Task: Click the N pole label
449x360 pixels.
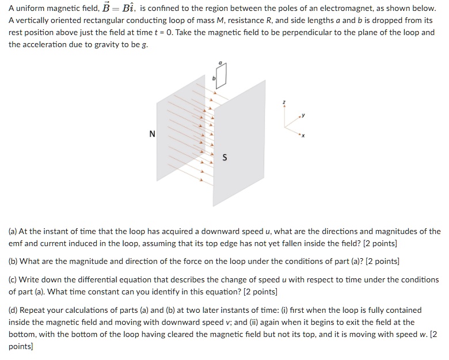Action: pos(152,134)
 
